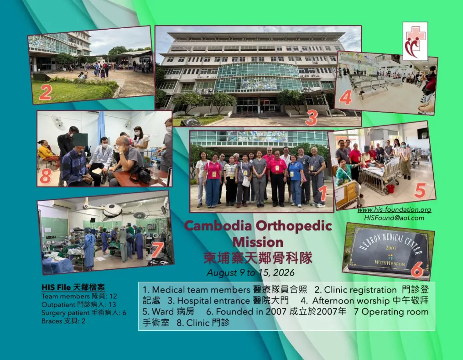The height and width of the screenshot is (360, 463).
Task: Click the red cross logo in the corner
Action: click(415, 42)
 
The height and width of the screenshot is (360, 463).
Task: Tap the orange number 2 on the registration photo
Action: click(45, 93)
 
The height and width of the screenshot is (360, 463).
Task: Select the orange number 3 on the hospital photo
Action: click(311, 118)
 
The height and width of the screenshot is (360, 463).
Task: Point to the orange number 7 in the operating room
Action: click(156, 250)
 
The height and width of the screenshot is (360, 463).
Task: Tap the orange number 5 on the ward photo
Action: click(420, 190)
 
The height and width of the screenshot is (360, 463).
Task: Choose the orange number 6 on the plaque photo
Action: click(416, 269)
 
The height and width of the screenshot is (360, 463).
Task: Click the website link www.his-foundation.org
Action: click(394, 210)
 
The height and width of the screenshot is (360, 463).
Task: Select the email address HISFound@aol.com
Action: click(394, 218)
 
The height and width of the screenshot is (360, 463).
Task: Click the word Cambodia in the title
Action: click(218, 226)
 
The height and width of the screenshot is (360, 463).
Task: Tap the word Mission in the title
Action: click(258, 242)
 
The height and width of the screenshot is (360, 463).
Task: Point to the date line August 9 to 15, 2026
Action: click(251, 272)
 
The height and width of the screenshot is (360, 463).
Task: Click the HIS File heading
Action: click(73, 287)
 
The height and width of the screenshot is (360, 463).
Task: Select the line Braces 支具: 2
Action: click(63, 321)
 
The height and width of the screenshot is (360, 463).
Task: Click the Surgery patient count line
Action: click(83, 313)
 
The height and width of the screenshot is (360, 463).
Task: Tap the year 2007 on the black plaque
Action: click(391, 248)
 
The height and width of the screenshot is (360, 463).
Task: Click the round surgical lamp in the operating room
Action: click(112, 210)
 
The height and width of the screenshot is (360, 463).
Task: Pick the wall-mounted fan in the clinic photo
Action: click(57, 120)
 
